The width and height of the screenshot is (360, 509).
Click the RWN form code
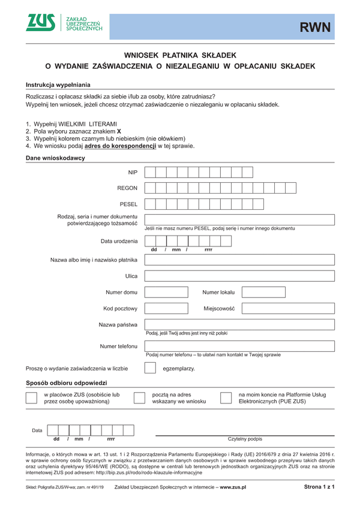coord(316,27)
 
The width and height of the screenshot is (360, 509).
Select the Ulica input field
coord(239,276)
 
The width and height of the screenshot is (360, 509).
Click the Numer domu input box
coord(166,293)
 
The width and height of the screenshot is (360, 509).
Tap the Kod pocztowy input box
coord(166,309)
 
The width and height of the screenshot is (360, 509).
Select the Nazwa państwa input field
coord(239,324)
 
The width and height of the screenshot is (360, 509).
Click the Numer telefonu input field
coord(239,347)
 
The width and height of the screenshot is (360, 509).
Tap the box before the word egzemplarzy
coord(151,368)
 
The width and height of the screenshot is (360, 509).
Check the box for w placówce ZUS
coord(32,399)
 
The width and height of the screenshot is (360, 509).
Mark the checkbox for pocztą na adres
coord(139,399)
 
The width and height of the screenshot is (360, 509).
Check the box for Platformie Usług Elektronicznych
coord(226,399)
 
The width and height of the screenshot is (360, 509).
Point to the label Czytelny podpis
coord(245,439)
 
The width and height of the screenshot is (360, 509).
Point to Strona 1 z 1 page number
coord(319,487)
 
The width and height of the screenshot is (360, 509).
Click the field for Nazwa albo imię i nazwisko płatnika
coord(239,260)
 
